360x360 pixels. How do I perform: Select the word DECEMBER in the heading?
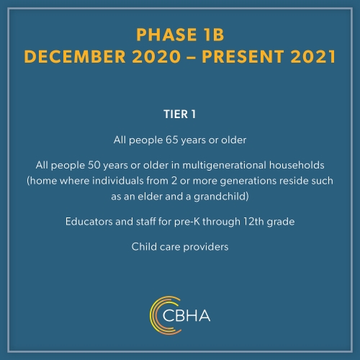75,57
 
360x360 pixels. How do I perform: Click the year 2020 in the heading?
156,57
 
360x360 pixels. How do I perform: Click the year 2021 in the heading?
313,57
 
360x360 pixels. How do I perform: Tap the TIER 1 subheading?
180,114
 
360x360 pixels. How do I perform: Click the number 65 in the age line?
172,140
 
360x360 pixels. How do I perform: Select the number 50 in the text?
94,165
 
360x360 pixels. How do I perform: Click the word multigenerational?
225,166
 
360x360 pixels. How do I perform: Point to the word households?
297,165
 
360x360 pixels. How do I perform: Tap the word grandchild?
220,197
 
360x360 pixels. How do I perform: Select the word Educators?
89,222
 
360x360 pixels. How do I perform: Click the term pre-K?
187,222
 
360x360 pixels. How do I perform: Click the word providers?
206,247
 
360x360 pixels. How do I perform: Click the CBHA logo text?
186,315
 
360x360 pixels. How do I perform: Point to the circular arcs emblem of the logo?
152,315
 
